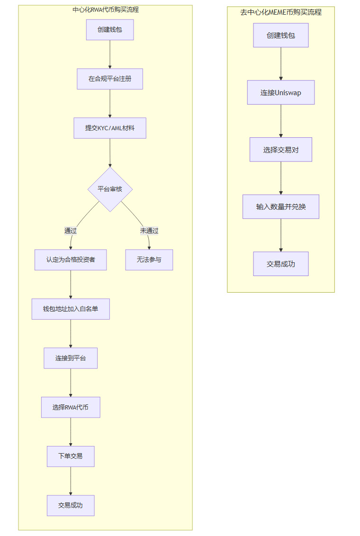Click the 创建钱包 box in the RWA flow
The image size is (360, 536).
[110, 29]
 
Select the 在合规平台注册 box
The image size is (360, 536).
[110, 79]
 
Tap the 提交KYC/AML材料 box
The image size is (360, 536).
[110, 128]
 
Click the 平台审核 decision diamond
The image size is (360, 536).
[110, 189]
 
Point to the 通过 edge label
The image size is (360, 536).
[71, 231]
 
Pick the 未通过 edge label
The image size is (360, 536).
[149, 231]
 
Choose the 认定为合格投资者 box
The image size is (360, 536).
[71, 259]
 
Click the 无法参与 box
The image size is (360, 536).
[149, 259]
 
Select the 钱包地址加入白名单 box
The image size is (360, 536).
[71, 309]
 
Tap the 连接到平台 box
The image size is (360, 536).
[71, 358]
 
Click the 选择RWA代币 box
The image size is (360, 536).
[71, 407]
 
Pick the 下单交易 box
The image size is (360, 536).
[71, 456]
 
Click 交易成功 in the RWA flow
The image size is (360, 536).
[71, 505]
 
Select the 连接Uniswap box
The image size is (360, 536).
[281, 92]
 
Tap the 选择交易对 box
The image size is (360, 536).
[281, 150]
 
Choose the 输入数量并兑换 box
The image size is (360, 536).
[281, 206]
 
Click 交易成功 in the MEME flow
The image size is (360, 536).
[281, 264]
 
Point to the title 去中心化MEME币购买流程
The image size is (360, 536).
[281, 12]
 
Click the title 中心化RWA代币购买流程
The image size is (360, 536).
[106, 9]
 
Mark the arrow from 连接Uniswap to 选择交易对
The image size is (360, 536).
[281, 121]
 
